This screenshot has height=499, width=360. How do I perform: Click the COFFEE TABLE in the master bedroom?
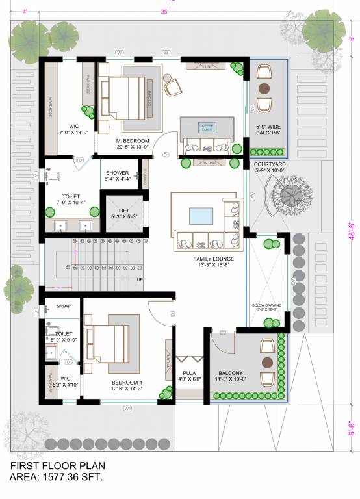click(206, 127)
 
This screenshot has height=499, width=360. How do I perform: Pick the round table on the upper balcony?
click(264, 88)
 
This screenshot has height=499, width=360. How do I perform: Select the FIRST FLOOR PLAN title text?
click(57, 466)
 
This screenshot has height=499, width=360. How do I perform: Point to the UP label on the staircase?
click(139, 280)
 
